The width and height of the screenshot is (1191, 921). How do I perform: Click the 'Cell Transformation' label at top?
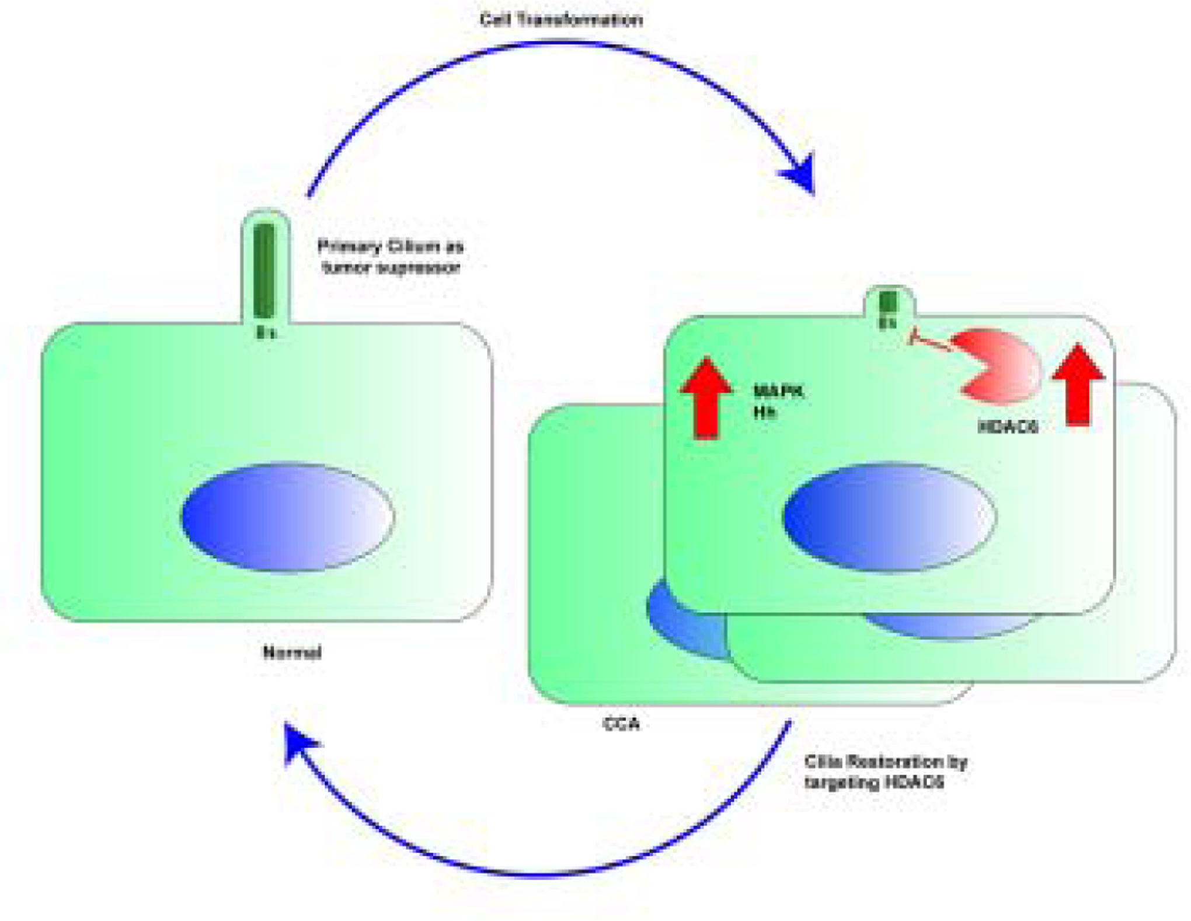pyautogui.click(x=561, y=20)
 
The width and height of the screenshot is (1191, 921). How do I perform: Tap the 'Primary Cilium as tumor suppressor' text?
pyautogui.click(x=391, y=257)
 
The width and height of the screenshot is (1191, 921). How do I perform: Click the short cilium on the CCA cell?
pyautogui.click(x=888, y=303)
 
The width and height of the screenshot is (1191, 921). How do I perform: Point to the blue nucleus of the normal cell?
pyautogui.click(x=287, y=517)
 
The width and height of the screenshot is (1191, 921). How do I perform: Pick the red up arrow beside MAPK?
pyautogui.click(x=706, y=397)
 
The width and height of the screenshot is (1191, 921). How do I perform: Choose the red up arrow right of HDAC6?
pyautogui.click(x=1078, y=385)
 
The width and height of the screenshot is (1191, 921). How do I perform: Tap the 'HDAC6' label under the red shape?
pyautogui.click(x=1008, y=427)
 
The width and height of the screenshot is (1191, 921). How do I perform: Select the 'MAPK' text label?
pyautogui.click(x=779, y=391)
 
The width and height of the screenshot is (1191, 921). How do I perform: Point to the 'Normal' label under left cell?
pyautogui.click(x=292, y=652)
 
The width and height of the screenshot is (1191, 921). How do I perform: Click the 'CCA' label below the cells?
pyautogui.click(x=621, y=724)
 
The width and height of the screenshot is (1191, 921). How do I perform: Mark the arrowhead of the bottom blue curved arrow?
pyautogui.click(x=299, y=744)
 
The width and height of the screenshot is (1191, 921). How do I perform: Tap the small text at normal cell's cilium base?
pyautogui.click(x=266, y=333)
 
